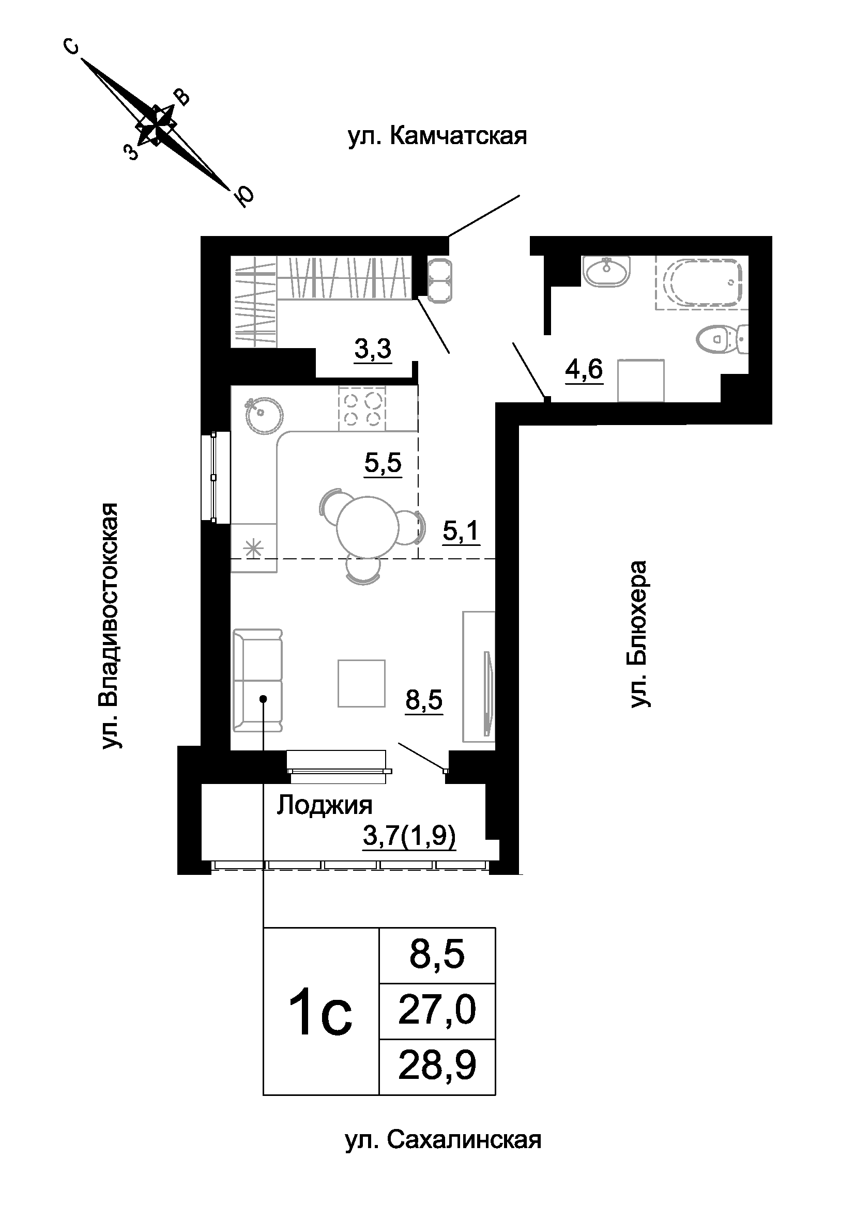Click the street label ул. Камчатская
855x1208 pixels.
[437, 136]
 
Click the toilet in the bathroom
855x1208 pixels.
[722, 339]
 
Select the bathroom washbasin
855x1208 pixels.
[607, 272]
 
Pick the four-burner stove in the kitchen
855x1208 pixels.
[362, 409]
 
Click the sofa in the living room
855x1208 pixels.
[257, 680]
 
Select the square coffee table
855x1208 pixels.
[362, 683]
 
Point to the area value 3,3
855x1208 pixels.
[373, 349]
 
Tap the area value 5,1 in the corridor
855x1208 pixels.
[461, 532]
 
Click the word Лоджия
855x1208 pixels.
[324, 805]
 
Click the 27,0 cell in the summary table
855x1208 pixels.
[437, 1011]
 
